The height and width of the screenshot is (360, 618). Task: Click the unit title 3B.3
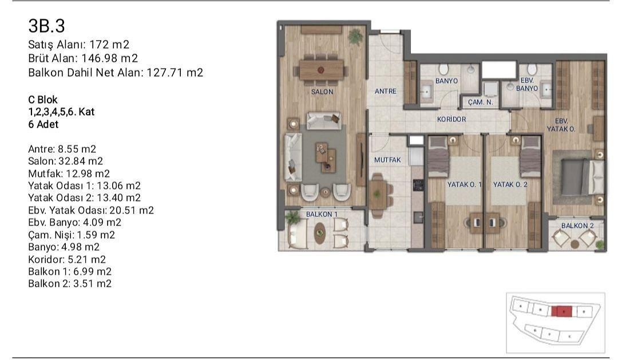coord(46,26)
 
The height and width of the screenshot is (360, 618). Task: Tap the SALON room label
coord(322,92)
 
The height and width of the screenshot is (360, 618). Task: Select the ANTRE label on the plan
coord(385,91)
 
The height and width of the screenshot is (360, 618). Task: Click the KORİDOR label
coord(451,120)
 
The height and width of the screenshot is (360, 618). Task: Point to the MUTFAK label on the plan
coord(387,160)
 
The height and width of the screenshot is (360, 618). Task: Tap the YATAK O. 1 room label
coord(464,184)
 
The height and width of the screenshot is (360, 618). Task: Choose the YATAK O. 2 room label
coord(510,184)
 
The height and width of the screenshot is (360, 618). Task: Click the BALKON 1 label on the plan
coord(322,214)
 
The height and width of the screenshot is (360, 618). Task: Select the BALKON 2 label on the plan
coord(577,226)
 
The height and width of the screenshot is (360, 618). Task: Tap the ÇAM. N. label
coord(481,102)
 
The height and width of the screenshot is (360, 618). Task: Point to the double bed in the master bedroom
coord(575,177)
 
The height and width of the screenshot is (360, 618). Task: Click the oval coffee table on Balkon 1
coord(320,234)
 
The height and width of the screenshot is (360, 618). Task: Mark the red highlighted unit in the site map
coord(561,311)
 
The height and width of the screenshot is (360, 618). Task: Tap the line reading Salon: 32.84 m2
coord(65,161)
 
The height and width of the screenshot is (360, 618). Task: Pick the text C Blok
coord(43,100)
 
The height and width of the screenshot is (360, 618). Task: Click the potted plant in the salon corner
coord(355,35)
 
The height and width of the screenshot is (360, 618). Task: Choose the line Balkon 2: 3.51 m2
coord(69,284)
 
